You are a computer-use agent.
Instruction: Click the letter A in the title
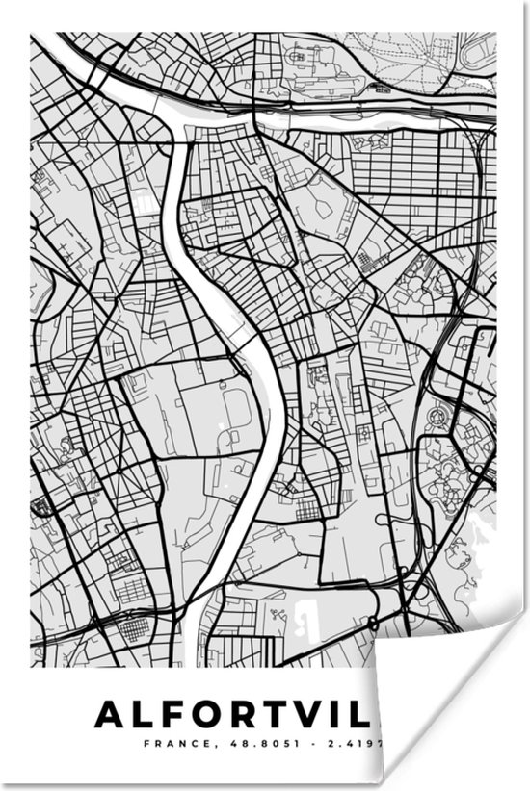(x=112, y=715)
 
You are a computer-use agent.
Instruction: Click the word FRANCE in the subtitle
(x=170, y=744)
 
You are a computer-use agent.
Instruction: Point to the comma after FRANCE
(x=199, y=747)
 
